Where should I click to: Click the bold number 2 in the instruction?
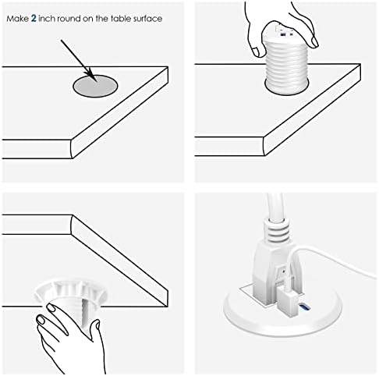point(34,19)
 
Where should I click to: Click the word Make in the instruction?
point(17,19)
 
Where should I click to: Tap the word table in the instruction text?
point(121,19)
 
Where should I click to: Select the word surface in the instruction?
point(147,19)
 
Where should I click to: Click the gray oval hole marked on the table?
point(95,86)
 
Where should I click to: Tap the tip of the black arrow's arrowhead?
point(97,81)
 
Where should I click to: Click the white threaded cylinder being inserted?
point(287,65)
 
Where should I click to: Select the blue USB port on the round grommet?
point(304,307)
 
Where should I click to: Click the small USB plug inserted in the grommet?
point(287,298)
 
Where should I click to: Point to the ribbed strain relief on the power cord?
point(276,229)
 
